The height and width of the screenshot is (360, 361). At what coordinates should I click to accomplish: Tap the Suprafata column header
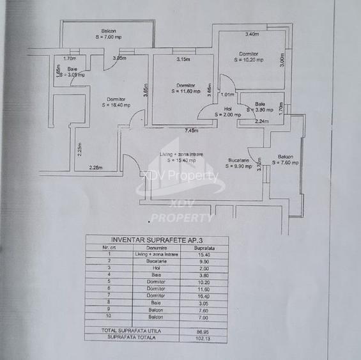point(204,247)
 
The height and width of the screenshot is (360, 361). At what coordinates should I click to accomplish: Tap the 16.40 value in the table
point(204,296)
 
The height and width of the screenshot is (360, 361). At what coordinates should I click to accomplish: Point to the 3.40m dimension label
point(252,34)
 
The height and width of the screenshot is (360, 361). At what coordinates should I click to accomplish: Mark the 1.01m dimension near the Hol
point(227,95)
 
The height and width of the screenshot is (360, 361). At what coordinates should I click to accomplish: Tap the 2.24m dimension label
point(261,121)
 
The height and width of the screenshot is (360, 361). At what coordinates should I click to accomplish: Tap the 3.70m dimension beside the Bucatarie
point(258,165)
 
